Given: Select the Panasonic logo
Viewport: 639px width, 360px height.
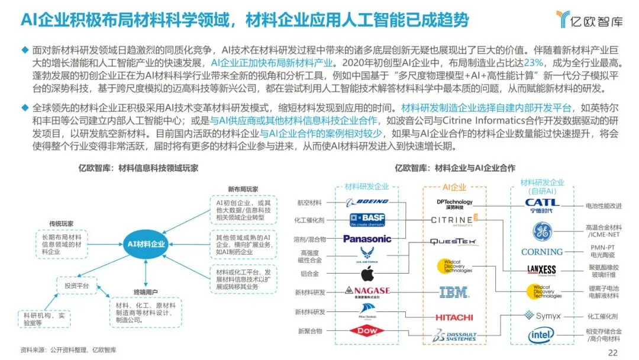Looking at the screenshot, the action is point(367,239).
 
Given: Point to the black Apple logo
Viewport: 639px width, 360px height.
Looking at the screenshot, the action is point(367,274).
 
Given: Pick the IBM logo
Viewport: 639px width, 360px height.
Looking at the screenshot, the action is point(454,291).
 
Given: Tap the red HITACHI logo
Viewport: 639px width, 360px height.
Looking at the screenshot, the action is point(454,317).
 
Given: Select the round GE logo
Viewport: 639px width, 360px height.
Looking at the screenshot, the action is point(541,230).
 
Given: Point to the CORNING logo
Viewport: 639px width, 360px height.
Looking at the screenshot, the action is point(541,252).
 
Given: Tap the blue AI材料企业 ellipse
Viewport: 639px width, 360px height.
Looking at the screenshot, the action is point(146,243).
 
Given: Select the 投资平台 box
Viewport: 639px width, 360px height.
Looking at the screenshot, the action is point(76,286).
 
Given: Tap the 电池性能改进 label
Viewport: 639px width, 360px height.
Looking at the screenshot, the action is point(603,206).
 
